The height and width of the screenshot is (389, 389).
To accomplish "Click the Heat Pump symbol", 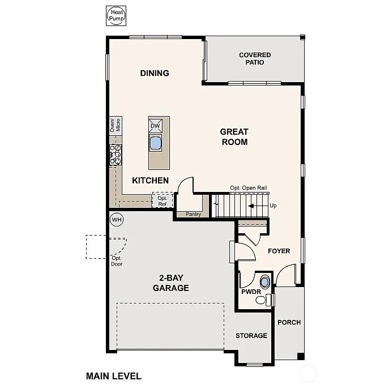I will (117, 15).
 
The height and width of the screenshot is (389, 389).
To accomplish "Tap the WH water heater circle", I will (117, 219).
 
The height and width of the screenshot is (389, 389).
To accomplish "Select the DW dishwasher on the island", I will (156, 126).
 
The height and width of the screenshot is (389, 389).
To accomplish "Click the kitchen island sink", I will (156, 142).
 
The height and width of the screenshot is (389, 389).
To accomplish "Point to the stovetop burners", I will (115, 155).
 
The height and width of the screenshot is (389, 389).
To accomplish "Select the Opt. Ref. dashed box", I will (162, 201).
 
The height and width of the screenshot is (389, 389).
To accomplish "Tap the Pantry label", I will (193, 215).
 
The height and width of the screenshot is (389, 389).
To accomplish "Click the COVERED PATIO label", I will (255, 58).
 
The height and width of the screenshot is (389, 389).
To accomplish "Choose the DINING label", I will (155, 73).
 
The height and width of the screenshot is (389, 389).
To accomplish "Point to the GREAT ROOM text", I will (234, 137).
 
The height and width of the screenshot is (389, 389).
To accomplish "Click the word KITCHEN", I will (150, 181).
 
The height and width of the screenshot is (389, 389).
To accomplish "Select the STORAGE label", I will (251, 336).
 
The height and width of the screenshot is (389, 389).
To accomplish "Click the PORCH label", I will (289, 322).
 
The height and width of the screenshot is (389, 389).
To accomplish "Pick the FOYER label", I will (279, 251).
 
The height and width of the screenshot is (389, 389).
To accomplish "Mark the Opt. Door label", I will (117, 261).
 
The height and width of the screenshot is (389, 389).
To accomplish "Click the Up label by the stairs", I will (273, 206).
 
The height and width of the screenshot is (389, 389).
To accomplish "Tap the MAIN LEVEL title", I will (113, 375).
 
